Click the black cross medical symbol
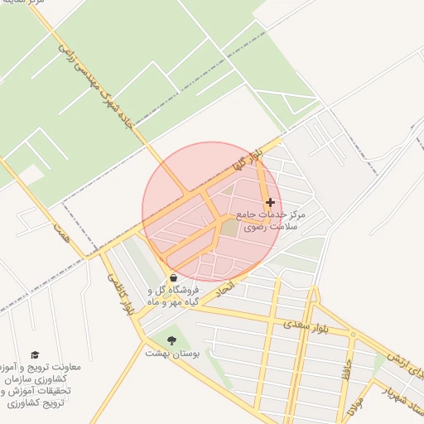270,202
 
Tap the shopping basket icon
173,277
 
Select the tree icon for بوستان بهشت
171,340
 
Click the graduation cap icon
35,354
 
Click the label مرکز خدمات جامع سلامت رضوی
271,219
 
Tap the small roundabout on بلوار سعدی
353,335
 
